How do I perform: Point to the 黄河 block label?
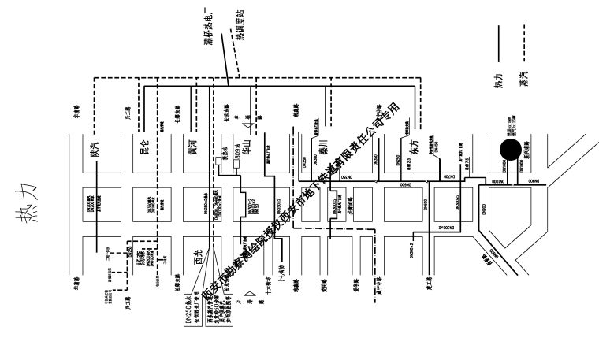190,148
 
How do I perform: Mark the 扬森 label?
142,258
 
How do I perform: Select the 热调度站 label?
240,26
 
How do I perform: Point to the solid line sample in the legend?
497,43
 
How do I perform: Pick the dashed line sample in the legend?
523,43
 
